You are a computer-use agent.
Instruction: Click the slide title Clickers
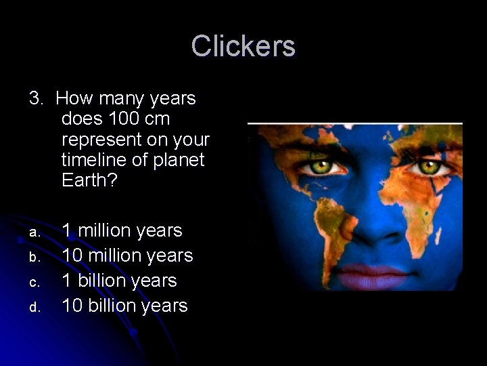243,47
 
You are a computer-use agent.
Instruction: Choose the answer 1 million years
122,231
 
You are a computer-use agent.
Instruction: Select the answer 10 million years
127,256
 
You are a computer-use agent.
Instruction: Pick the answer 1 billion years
119,281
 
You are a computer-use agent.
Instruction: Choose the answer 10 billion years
124,306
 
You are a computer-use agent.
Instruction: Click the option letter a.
33,232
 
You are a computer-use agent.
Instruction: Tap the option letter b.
33,258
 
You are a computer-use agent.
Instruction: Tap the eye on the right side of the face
427,165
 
